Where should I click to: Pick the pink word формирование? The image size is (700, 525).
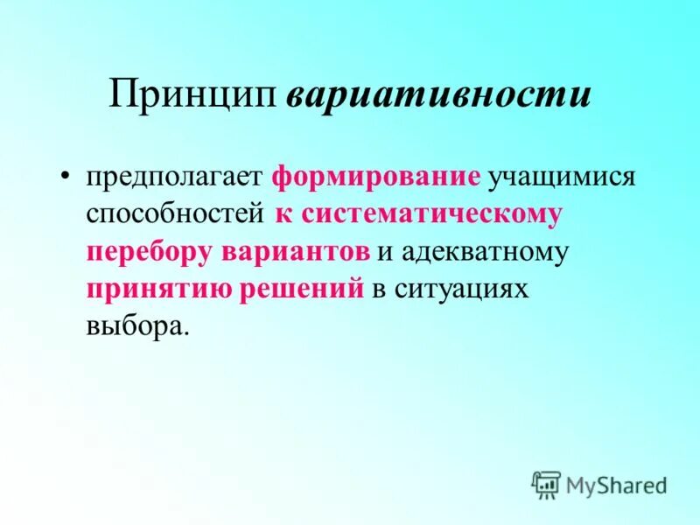pyautogui.click(x=375, y=176)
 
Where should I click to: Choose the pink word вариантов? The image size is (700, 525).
pyautogui.click(x=295, y=251)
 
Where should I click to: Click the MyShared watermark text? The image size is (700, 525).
pyautogui.click(x=616, y=484)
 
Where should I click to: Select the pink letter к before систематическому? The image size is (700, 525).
pyautogui.click(x=283, y=213)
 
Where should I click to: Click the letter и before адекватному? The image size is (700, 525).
pyautogui.click(x=385, y=252)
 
